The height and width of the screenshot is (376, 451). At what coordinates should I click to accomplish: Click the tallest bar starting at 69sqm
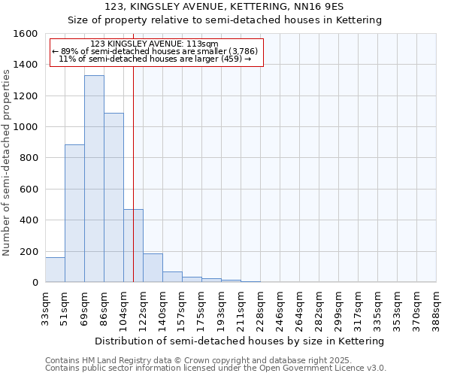click(x=94, y=179)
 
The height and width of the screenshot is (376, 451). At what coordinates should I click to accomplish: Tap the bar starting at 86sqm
click(x=114, y=198)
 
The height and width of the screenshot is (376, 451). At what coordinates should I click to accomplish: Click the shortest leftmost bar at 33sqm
click(x=55, y=270)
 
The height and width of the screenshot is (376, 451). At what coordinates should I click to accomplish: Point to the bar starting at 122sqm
click(x=153, y=268)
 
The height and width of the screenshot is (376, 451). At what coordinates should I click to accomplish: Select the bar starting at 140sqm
click(x=172, y=277)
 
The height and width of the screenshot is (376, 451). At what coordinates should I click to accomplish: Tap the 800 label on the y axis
click(x=29, y=158)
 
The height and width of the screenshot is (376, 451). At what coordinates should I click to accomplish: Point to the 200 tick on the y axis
click(x=29, y=251)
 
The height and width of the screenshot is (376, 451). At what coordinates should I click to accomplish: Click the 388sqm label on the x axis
click(x=436, y=307)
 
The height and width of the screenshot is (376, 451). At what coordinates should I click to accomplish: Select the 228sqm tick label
click(x=260, y=307)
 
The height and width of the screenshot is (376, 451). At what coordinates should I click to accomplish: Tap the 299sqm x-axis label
click(x=338, y=307)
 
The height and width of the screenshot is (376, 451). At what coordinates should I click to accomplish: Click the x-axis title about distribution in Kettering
click(x=241, y=341)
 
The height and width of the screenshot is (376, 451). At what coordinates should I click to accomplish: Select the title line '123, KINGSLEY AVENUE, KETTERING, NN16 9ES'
click(x=225, y=7)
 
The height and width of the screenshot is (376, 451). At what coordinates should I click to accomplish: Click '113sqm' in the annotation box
click(x=203, y=44)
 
